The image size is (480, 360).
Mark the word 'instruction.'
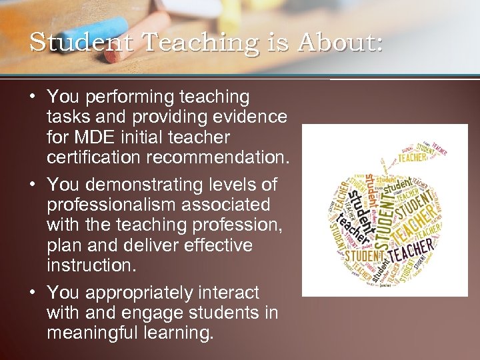coord(91,265)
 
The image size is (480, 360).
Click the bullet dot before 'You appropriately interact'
coord(32,292)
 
